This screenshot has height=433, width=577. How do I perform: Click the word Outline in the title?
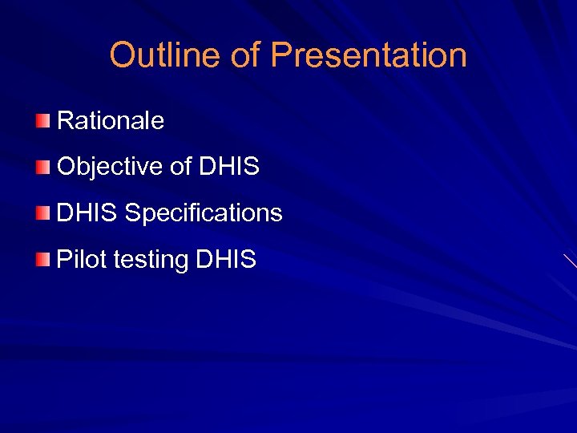[164, 55]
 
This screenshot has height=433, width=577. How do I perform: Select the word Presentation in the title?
[369, 55]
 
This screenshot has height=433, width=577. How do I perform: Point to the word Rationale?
[111, 121]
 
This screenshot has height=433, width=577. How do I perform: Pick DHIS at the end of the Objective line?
[228, 167]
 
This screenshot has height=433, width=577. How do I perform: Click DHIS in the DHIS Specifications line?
[87, 213]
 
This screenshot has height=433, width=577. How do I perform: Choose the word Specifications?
[204, 213]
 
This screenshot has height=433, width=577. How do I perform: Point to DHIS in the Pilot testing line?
[226, 259]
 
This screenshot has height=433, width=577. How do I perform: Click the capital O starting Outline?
[123, 55]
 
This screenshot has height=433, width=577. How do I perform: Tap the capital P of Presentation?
[280, 55]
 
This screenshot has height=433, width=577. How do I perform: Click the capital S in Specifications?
[133, 213]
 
